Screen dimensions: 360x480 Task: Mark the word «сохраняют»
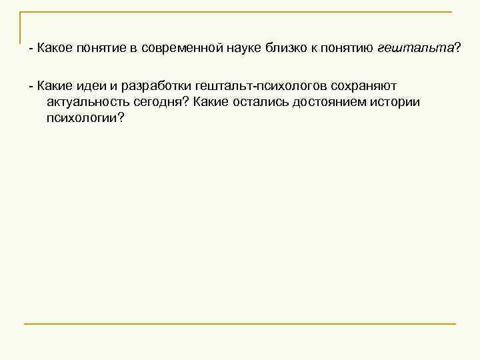(362, 86)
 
